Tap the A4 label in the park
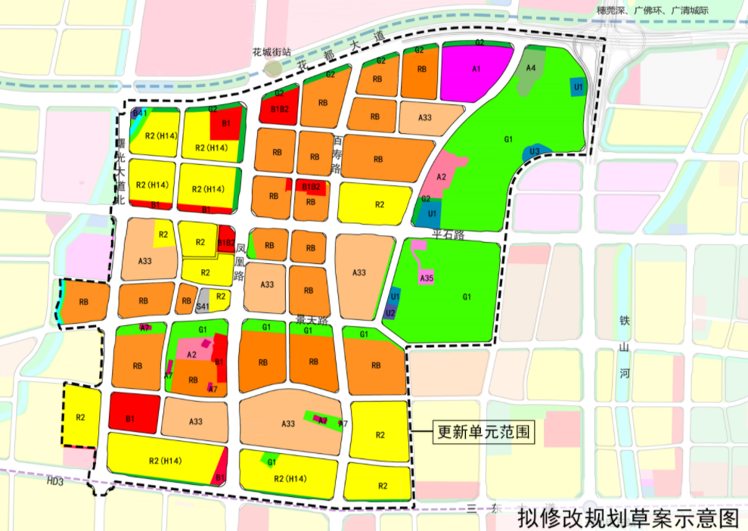(531, 68)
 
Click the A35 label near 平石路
(426, 278)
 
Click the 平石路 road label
(445, 235)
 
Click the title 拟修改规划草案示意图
(627, 518)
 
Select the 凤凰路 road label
(241, 262)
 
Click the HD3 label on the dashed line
(54, 480)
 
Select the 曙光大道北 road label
(118, 171)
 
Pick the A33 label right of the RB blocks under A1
(424, 117)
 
